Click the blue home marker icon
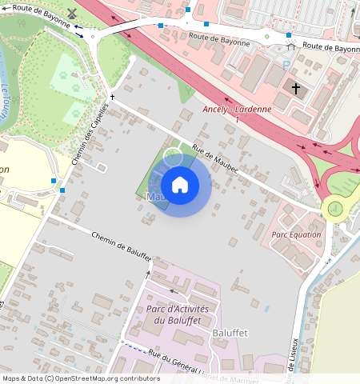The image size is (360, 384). click(180, 185)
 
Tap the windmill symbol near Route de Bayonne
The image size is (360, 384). click(71, 14)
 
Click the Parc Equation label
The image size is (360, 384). click(296, 234)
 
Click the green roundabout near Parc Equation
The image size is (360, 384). click(334, 209)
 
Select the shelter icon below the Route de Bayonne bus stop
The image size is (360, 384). click(290, 47)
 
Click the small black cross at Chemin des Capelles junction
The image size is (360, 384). click(113, 97)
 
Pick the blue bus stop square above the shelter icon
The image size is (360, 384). click(289, 35)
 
